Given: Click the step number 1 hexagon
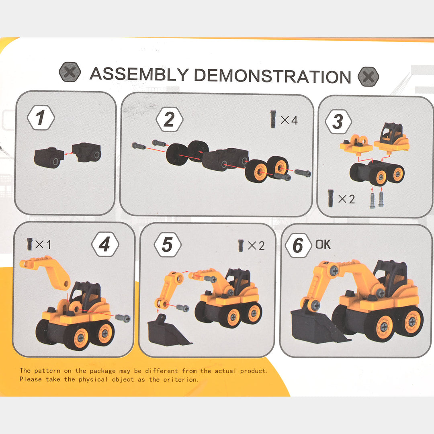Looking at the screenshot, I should click(x=41, y=118).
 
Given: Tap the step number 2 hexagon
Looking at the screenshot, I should click(x=169, y=120).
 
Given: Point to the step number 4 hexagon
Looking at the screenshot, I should click(x=105, y=244).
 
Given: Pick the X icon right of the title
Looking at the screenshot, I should click(x=368, y=76).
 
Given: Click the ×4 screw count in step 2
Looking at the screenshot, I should click(x=289, y=120).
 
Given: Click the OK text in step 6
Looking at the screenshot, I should click(x=323, y=244).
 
